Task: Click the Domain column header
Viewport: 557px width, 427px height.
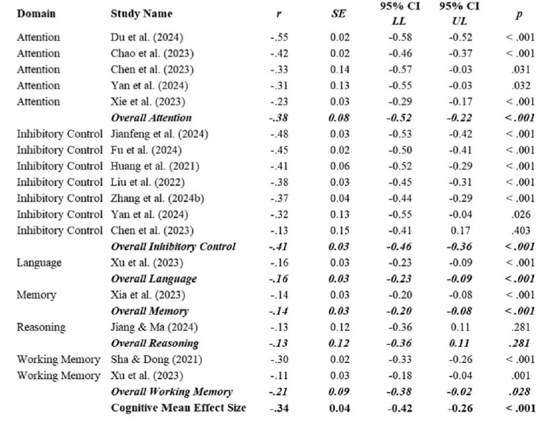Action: (36, 13)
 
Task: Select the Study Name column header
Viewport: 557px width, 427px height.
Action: (141, 13)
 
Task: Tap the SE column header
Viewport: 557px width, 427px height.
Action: (338, 13)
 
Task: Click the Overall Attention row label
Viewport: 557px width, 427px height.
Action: (151, 118)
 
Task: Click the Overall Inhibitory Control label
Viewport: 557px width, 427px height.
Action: (173, 246)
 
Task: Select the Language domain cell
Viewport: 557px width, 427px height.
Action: (39, 263)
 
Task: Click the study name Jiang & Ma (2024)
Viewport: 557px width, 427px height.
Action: (149, 327)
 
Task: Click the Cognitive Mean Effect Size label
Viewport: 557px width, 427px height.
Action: (178, 407)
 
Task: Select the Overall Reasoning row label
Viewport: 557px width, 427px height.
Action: (155, 343)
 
